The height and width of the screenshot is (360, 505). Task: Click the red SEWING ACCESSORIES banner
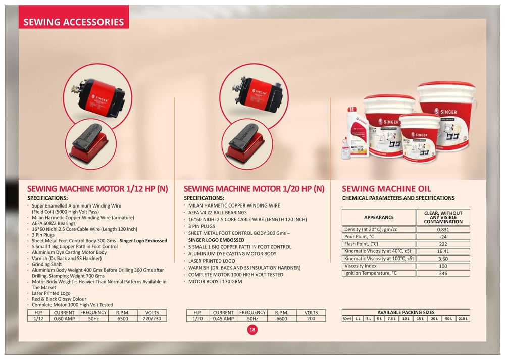(74, 17)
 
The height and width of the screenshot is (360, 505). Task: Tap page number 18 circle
(252, 329)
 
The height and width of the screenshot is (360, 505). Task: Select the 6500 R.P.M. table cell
(123, 319)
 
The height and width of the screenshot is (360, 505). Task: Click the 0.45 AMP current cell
(224, 319)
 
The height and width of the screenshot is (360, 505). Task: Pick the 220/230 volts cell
(152, 319)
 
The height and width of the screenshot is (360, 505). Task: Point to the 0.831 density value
(443, 230)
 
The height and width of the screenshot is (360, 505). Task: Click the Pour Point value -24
(443, 237)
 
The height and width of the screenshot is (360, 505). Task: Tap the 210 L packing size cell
(463, 319)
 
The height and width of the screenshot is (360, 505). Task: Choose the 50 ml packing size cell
(347, 319)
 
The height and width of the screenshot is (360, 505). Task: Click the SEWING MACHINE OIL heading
(386, 189)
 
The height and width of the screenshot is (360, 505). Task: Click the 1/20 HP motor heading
(254, 189)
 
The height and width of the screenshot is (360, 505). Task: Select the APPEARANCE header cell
(379, 217)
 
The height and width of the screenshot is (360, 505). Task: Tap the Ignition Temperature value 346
(443, 273)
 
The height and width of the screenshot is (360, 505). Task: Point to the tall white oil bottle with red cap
(358, 132)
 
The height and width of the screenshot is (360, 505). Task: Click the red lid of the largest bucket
(446, 85)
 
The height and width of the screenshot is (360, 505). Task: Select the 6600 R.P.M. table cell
(281, 319)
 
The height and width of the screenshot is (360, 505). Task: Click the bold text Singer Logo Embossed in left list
(143, 241)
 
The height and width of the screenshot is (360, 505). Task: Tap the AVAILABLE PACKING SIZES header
(406, 312)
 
